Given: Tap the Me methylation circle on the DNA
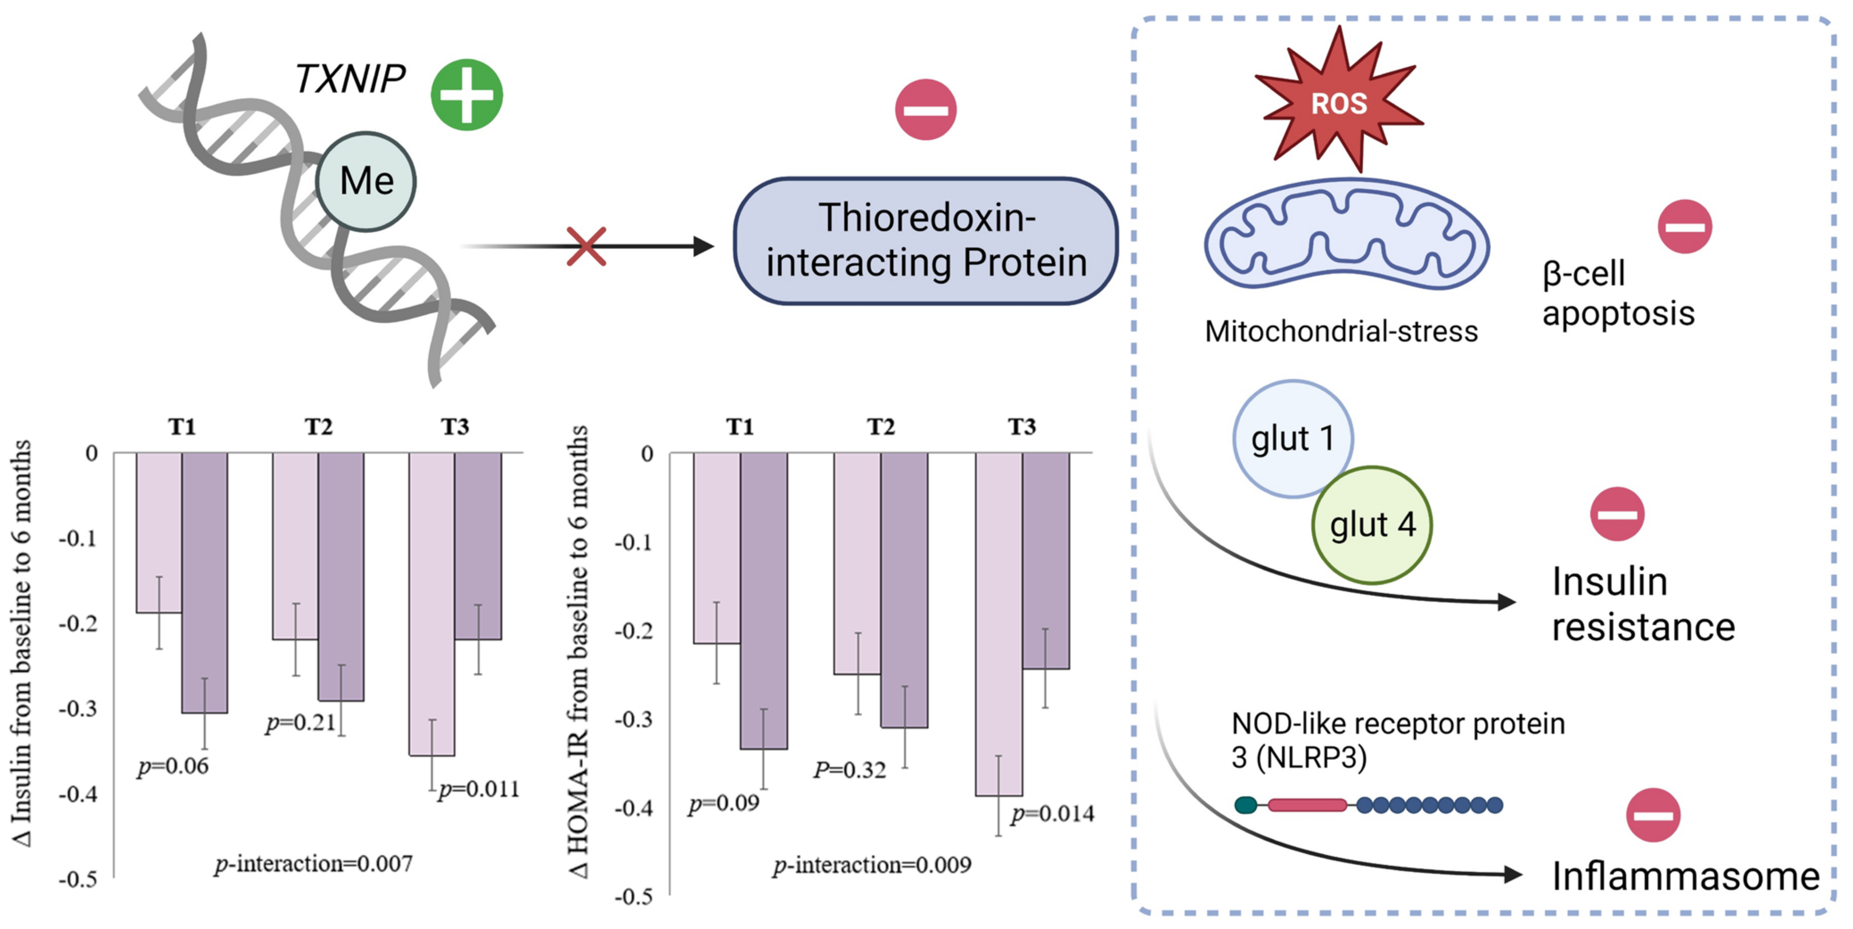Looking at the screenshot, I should (x=366, y=181).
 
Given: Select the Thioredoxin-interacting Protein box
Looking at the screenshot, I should (x=925, y=241).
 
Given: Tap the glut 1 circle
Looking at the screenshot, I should (x=1293, y=439).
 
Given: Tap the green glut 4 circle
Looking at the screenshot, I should (x=1372, y=525).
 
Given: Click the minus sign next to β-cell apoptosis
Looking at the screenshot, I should (x=1684, y=226).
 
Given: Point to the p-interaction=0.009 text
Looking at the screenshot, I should (x=872, y=865).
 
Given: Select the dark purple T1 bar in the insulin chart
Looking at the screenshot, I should (x=204, y=583).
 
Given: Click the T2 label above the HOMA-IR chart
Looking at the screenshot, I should (x=881, y=427).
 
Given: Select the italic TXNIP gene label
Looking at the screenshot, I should (x=350, y=78).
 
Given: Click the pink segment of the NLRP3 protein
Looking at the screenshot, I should (x=1306, y=805).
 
